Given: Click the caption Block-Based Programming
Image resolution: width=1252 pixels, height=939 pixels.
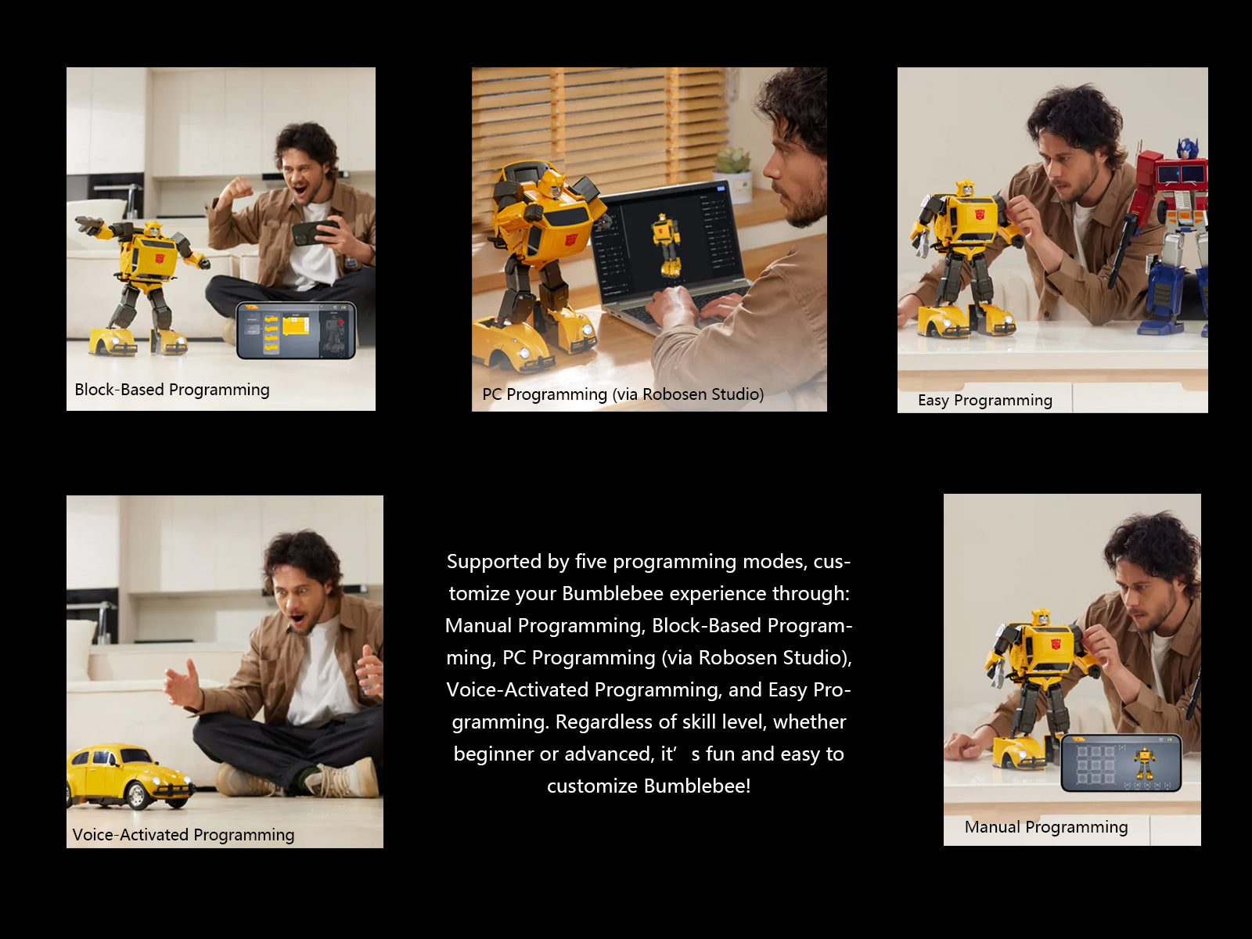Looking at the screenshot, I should click(x=171, y=390).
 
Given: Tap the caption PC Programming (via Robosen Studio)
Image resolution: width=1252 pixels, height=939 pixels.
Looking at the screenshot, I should click(x=622, y=394).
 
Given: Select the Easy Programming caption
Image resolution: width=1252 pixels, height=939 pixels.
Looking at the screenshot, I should click(x=984, y=401).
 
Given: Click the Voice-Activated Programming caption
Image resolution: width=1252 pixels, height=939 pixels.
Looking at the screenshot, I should click(x=183, y=835).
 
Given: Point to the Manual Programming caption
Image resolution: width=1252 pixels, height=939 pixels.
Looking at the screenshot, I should click(x=1045, y=827).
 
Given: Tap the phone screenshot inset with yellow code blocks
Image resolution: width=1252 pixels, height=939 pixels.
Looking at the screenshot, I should click(x=296, y=330).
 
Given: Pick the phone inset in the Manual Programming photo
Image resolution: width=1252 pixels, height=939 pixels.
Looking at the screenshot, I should click(x=1121, y=763).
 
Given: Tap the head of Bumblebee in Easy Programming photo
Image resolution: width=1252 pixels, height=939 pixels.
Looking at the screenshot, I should click(x=965, y=189).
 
